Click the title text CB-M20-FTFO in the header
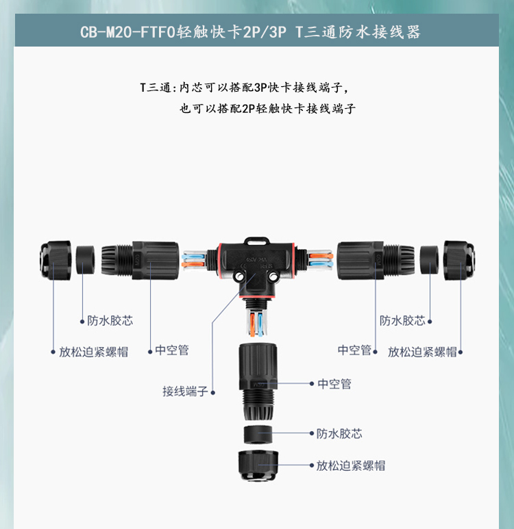tap(127, 32)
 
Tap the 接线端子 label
tap(185, 391)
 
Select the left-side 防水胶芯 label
tap(110, 320)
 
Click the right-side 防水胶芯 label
tap(402, 320)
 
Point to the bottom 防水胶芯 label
tap(339, 433)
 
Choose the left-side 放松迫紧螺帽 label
tap(94, 352)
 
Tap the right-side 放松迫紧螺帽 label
tap(422, 352)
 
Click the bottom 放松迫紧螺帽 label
tap(351, 465)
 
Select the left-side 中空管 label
tap(172, 350)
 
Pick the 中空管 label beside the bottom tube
tap(334, 384)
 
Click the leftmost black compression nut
tap(56, 260)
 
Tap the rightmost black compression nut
tap(459, 260)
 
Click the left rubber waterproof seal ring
tap(85, 260)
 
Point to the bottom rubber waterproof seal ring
tap(258, 435)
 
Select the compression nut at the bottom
tap(258, 465)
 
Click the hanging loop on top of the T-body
tap(257, 240)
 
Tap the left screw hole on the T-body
tap(240, 277)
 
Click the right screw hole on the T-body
tap(273, 277)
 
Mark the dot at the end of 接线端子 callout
tap(213, 392)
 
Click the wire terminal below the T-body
tap(257, 324)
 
